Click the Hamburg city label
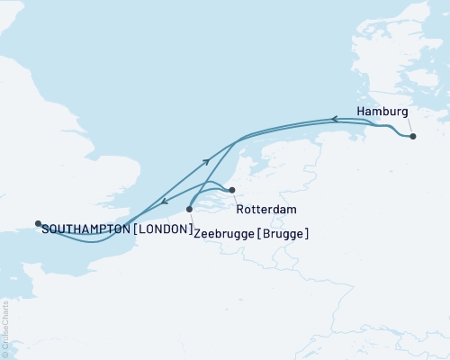click(x=382, y=112)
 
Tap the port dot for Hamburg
click(x=413, y=137)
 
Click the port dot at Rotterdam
click(x=232, y=190)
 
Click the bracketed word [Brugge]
click(x=283, y=233)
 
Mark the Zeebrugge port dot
click(x=189, y=209)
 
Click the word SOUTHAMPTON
click(x=85, y=229)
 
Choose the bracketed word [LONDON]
click(x=162, y=229)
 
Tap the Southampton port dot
click(x=38, y=223)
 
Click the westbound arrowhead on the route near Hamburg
click(x=333, y=119)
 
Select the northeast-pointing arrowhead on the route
click(x=207, y=161)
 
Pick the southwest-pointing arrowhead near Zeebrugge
click(x=163, y=201)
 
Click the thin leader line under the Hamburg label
click(x=407, y=127)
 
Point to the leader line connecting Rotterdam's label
click(x=238, y=199)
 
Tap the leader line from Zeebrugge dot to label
click(x=191, y=219)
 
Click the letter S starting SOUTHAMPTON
click(x=45, y=229)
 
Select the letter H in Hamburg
click(x=362, y=112)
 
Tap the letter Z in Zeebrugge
click(x=197, y=233)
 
